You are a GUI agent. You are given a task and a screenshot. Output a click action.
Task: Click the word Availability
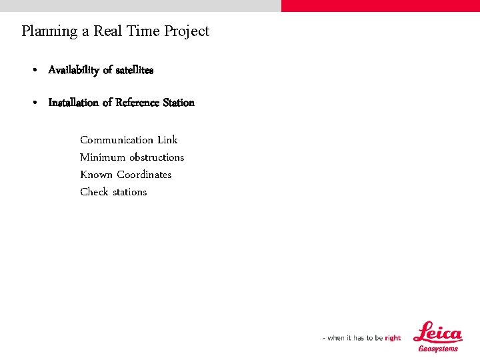tap(73, 70)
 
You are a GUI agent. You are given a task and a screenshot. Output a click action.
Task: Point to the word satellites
tap(134, 70)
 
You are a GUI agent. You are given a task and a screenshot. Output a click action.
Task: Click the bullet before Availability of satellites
tap(34, 70)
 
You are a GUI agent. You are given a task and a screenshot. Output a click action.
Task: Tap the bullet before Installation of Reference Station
tap(34, 103)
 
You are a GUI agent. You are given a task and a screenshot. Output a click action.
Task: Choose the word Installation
tap(73, 103)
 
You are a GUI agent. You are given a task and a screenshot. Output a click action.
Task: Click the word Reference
tap(137, 103)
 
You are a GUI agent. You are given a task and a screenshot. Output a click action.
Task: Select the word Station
tap(179, 103)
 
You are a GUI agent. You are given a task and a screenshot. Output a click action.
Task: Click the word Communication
tap(117, 140)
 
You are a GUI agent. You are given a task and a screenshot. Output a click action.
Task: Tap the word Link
tap(167, 140)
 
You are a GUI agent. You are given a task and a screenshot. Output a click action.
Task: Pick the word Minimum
tap(103, 157)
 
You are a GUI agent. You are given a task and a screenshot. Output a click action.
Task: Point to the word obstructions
tap(157, 157)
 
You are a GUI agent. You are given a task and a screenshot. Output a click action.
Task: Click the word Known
tap(96, 175)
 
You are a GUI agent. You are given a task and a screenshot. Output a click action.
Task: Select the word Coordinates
tap(144, 175)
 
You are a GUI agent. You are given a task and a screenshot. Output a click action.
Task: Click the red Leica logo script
tap(438, 333)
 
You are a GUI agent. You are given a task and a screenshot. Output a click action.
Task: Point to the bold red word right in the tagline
tap(393, 338)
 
